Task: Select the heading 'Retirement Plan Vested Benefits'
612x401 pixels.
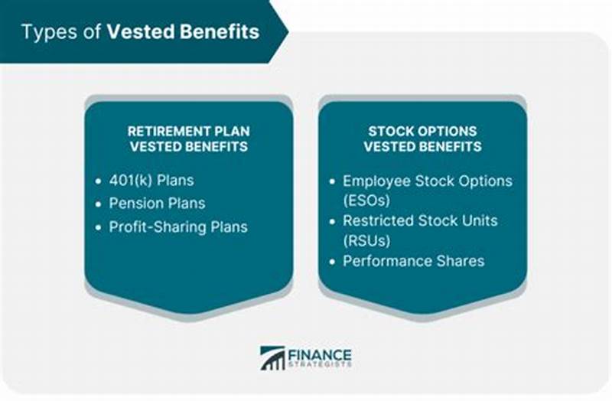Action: coord(188,139)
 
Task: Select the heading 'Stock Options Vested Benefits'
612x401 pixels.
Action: coord(422,139)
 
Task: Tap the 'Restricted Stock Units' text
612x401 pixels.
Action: coord(420,221)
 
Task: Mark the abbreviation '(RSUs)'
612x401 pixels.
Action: coord(366,240)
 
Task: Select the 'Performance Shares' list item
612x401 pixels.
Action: coord(413,261)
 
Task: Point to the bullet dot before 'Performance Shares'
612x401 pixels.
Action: coord(332,262)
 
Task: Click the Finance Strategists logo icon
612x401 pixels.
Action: coord(272,358)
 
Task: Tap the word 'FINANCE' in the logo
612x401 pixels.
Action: coord(319,354)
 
